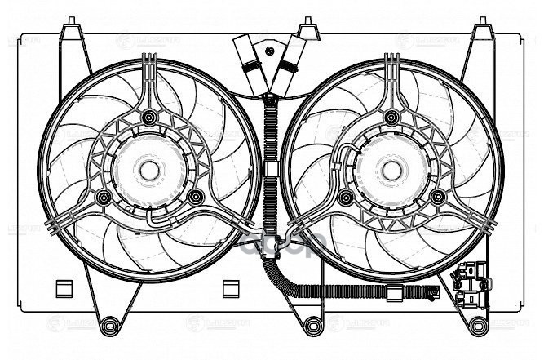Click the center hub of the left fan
[148, 171]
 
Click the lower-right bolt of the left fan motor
[194, 197]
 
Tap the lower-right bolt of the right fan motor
[439, 196]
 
